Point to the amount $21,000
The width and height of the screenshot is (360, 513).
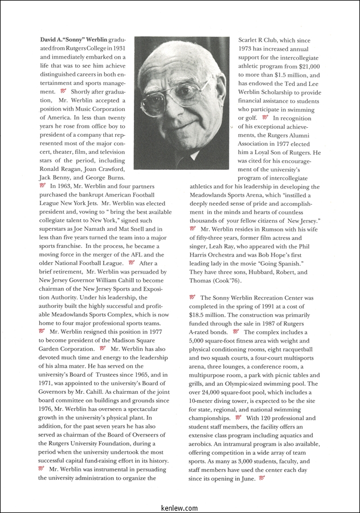pos(306,67)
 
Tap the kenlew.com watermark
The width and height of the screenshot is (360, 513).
pos(179,508)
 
